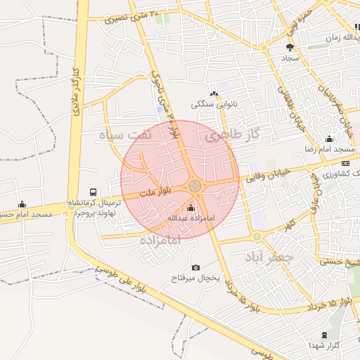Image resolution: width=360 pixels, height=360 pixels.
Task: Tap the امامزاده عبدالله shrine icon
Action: pyautogui.click(x=191, y=208)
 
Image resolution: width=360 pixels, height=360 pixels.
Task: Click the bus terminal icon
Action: pyautogui.click(x=94, y=192)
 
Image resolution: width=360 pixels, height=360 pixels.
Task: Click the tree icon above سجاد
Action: pyautogui.click(x=290, y=47)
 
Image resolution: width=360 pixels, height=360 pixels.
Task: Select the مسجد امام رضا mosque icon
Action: pyautogui.click(x=329, y=139)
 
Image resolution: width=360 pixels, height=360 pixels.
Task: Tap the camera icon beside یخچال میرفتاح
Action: pyautogui.click(x=195, y=267)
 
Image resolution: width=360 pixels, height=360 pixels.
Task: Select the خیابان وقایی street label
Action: pyautogui.click(x=267, y=179)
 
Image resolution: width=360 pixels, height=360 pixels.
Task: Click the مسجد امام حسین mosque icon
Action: pyautogui.click(x=22, y=204)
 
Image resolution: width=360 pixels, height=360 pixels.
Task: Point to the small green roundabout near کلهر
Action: pyautogui.click(x=257, y=236)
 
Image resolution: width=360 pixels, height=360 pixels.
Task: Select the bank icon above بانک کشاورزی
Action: pyautogui.click(x=345, y=163)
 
